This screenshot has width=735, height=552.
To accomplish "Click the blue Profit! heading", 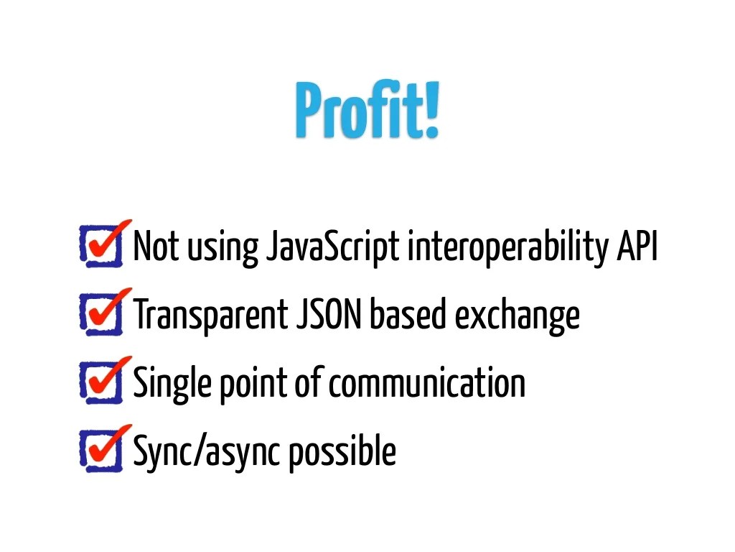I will pyautogui.click(x=366, y=111).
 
